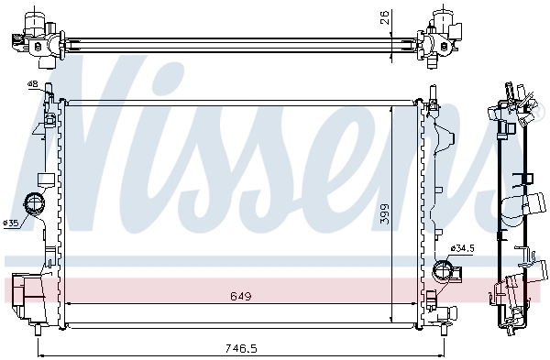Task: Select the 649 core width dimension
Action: (x=240, y=297)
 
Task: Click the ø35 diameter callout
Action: (x=11, y=223)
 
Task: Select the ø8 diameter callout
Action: (x=33, y=85)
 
